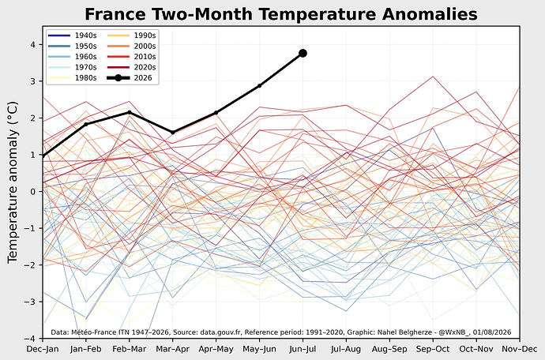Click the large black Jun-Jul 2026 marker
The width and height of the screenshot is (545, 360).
click(x=303, y=53)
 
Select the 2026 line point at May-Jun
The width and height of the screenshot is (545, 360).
click(x=260, y=85)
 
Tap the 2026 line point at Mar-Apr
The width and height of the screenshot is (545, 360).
click(x=173, y=133)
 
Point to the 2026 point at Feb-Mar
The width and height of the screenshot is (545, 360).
click(x=130, y=112)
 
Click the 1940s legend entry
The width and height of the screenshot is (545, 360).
click(x=73, y=36)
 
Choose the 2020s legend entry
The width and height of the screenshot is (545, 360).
click(x=131, y=67)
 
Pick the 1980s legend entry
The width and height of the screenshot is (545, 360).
click(x=73, y=78)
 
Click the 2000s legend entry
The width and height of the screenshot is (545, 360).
click(x=131, y=46)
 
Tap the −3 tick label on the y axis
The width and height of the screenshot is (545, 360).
click(x=29, y=302)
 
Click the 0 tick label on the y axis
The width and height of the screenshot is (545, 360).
click(x=32, y=192)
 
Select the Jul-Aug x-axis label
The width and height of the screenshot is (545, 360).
click(x=346, y=349)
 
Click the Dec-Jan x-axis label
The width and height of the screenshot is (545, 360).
click(x=43, y=349)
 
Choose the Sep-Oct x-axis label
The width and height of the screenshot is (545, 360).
click(x=433, y=349)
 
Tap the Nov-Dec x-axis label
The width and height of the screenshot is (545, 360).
click(x=520, y=349)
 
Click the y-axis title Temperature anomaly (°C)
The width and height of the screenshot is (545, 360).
click(x=13, y=182)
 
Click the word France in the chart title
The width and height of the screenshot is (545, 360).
click(x=115, y=14)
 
